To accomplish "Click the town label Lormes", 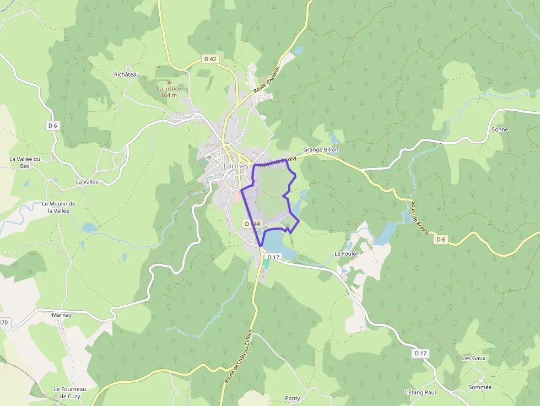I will [x=236, y=165].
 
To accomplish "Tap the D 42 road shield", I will [x=210, y=59].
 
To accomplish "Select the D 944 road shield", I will [x=251, y=224].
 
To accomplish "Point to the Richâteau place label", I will [x=127, y=74].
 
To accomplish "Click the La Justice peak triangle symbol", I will [x=169, y=82].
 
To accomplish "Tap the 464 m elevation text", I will [x=169, y=95].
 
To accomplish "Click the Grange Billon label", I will [x=321, y=149].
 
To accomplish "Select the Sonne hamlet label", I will [x=499, y=129].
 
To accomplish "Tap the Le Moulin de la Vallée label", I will [x=58, y=207].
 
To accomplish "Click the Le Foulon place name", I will [x=347, y=254].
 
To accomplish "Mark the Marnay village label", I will [x=62, y=315].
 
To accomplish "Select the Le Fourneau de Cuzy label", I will [x=68, y=392].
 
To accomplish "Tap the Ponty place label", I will [x=293, y=398].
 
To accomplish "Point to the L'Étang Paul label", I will [x=420, y=392].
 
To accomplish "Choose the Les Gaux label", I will [x=474, y=358].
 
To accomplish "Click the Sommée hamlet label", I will [x=479, y=387].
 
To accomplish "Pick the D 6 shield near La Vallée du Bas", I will [x=52, y=126].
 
